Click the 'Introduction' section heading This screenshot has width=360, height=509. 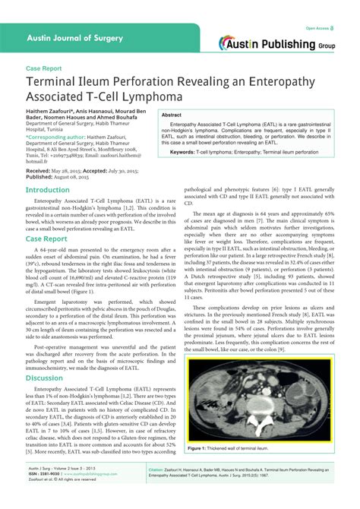[x=48, y=190]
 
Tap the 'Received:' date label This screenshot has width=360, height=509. [x=38, y=171]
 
